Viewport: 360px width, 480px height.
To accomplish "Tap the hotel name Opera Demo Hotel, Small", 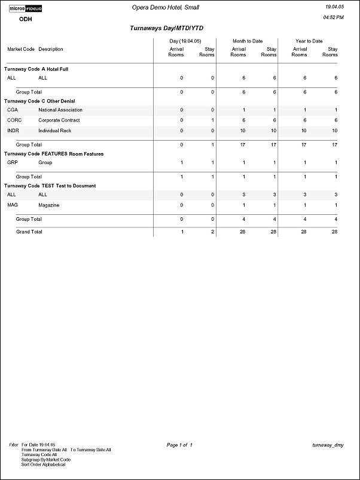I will click(x=165, y=7).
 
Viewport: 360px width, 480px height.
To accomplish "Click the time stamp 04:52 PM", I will click(x=333, y=18).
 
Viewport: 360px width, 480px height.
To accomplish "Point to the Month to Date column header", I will click(x=248, y=41).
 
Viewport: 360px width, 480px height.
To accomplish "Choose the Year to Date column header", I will click(x=309, y=41).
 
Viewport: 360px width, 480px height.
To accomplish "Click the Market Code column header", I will click(x=21, y=49).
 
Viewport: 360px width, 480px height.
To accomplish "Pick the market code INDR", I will click(x=13, y=130).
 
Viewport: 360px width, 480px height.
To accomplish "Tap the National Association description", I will click(x=60, y=110).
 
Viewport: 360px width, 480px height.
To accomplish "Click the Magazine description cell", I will click(x=49, y=205).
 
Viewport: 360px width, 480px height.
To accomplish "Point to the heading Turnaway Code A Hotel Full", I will click(x=36, y=69).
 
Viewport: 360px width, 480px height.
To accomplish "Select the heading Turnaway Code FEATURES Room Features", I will click(x=54, y=154).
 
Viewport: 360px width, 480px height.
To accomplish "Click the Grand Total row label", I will click(x=29, y=232).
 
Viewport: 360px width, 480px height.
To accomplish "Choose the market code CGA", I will click(x=13, y=110).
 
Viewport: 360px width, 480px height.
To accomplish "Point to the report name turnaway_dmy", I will click(x=328, y=445).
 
